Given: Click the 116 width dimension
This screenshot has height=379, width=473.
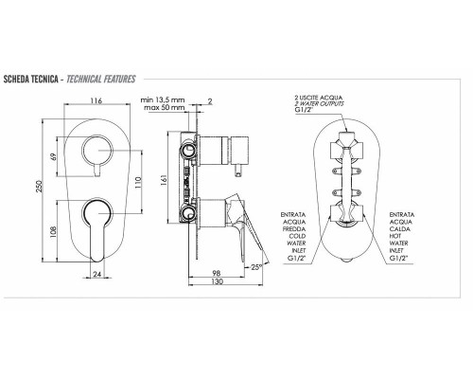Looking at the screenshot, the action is pyautogui.click(x=96, y=100).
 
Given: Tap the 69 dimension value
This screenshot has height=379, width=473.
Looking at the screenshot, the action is pyautogui.click(x=53, y=156).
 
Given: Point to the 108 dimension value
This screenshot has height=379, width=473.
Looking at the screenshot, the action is pyautogui.click(x=53, y=232).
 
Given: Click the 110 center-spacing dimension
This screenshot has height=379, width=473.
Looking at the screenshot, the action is pyautogui.click(x=138, y=182).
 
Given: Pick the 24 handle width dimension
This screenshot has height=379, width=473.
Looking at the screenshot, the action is pyautogui.click(x=97, y=274).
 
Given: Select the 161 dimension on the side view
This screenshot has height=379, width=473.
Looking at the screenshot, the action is pyautogui.click(x=164, y=180).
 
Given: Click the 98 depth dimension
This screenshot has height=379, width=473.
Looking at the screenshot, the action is pyautogui.click(x=217, y=273).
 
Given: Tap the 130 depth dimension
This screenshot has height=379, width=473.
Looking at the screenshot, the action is pyautogui.click(x=217, y=281).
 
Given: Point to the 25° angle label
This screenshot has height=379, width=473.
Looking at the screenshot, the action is pyautogui.click(x=256, y=267).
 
